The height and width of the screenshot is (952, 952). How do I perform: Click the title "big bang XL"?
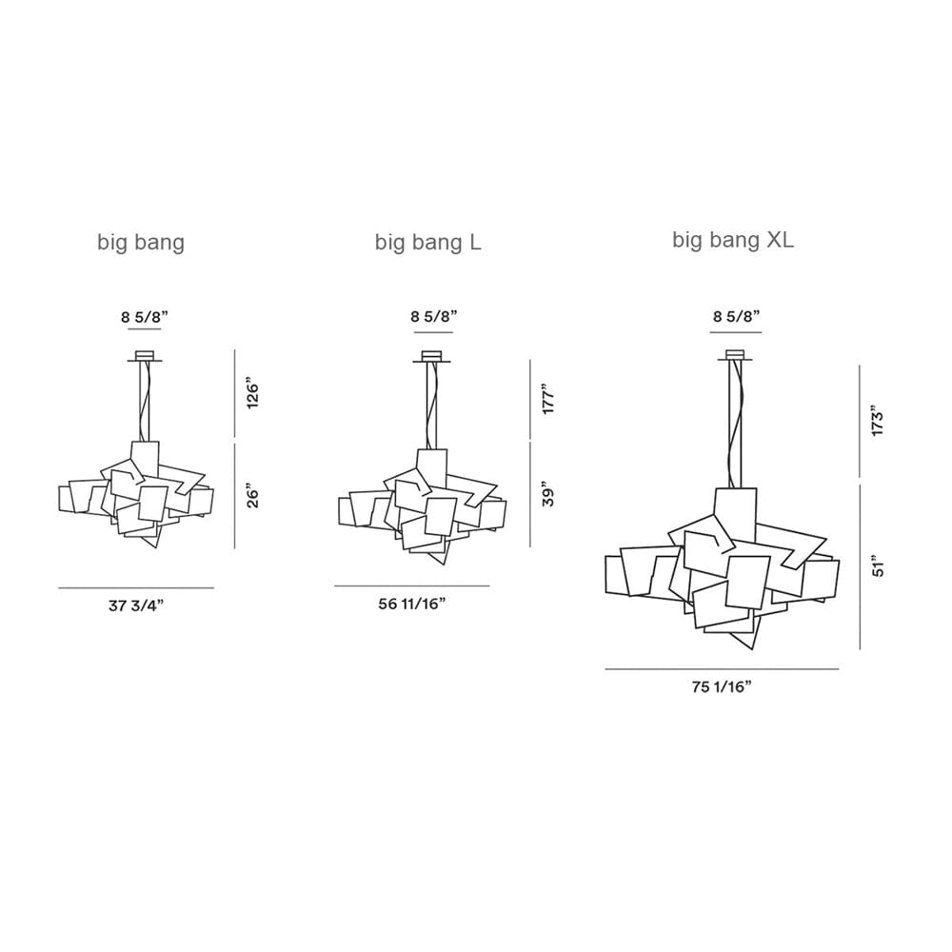(x=733, y=241)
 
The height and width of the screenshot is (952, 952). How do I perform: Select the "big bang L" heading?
(x=427, y=243)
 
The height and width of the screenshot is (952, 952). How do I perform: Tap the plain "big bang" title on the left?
(x=141, y=243)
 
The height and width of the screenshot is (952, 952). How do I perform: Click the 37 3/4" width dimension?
(x=136, y=605)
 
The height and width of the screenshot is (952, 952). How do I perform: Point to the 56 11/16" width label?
(x=412, y=605)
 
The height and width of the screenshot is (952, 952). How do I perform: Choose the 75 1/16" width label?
(x=722, y=687)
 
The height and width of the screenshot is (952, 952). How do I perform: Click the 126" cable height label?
(x=253, y=395)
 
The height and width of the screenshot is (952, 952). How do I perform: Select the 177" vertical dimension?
(x=549, y=399)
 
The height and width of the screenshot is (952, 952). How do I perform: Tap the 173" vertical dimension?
(x=878, y=420)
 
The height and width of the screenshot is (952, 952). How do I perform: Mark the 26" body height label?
(x=253, y=496)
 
